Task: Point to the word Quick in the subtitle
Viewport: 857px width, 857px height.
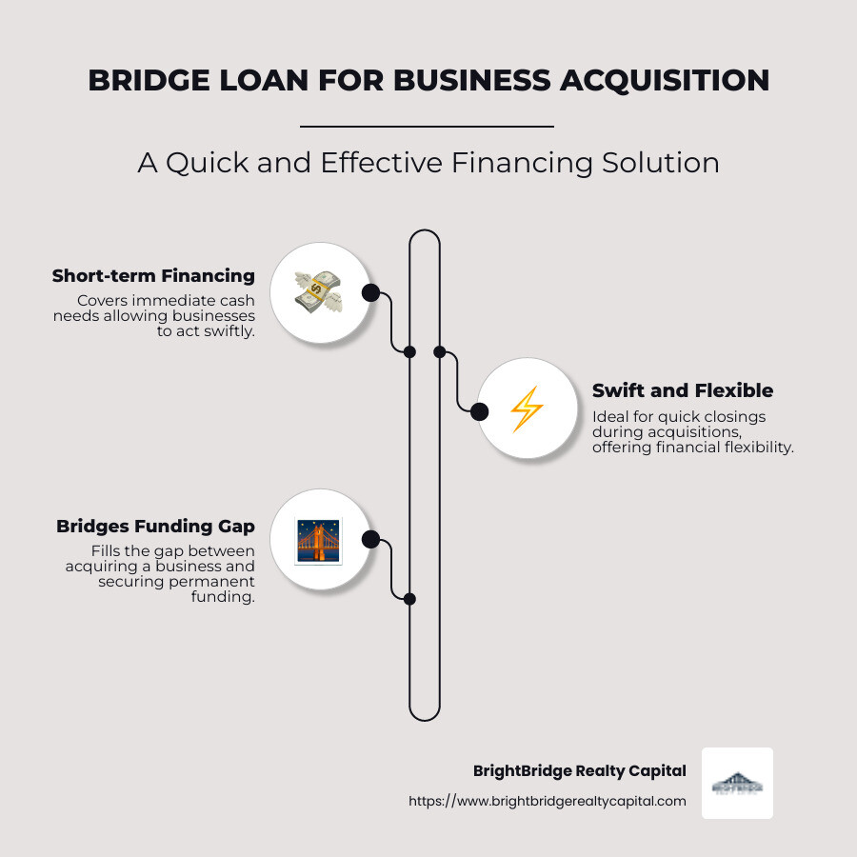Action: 209,163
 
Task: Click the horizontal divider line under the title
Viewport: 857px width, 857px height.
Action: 427,126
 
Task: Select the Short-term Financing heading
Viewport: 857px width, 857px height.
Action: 153,276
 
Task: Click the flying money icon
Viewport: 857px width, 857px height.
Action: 319,292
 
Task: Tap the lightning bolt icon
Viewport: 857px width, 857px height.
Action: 527,410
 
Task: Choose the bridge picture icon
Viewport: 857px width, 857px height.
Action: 319,540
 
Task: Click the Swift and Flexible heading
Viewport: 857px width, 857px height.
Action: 682,390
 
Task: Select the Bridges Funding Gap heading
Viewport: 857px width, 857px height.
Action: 155,527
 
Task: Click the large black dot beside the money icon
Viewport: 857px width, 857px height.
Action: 370,292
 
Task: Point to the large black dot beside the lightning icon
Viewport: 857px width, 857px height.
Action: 479,411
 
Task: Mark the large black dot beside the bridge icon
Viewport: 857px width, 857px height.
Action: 371,540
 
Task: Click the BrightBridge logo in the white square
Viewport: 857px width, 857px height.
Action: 737,783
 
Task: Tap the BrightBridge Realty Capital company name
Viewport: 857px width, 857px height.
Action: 579,771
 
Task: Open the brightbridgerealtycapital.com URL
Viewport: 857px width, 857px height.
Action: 547,802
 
